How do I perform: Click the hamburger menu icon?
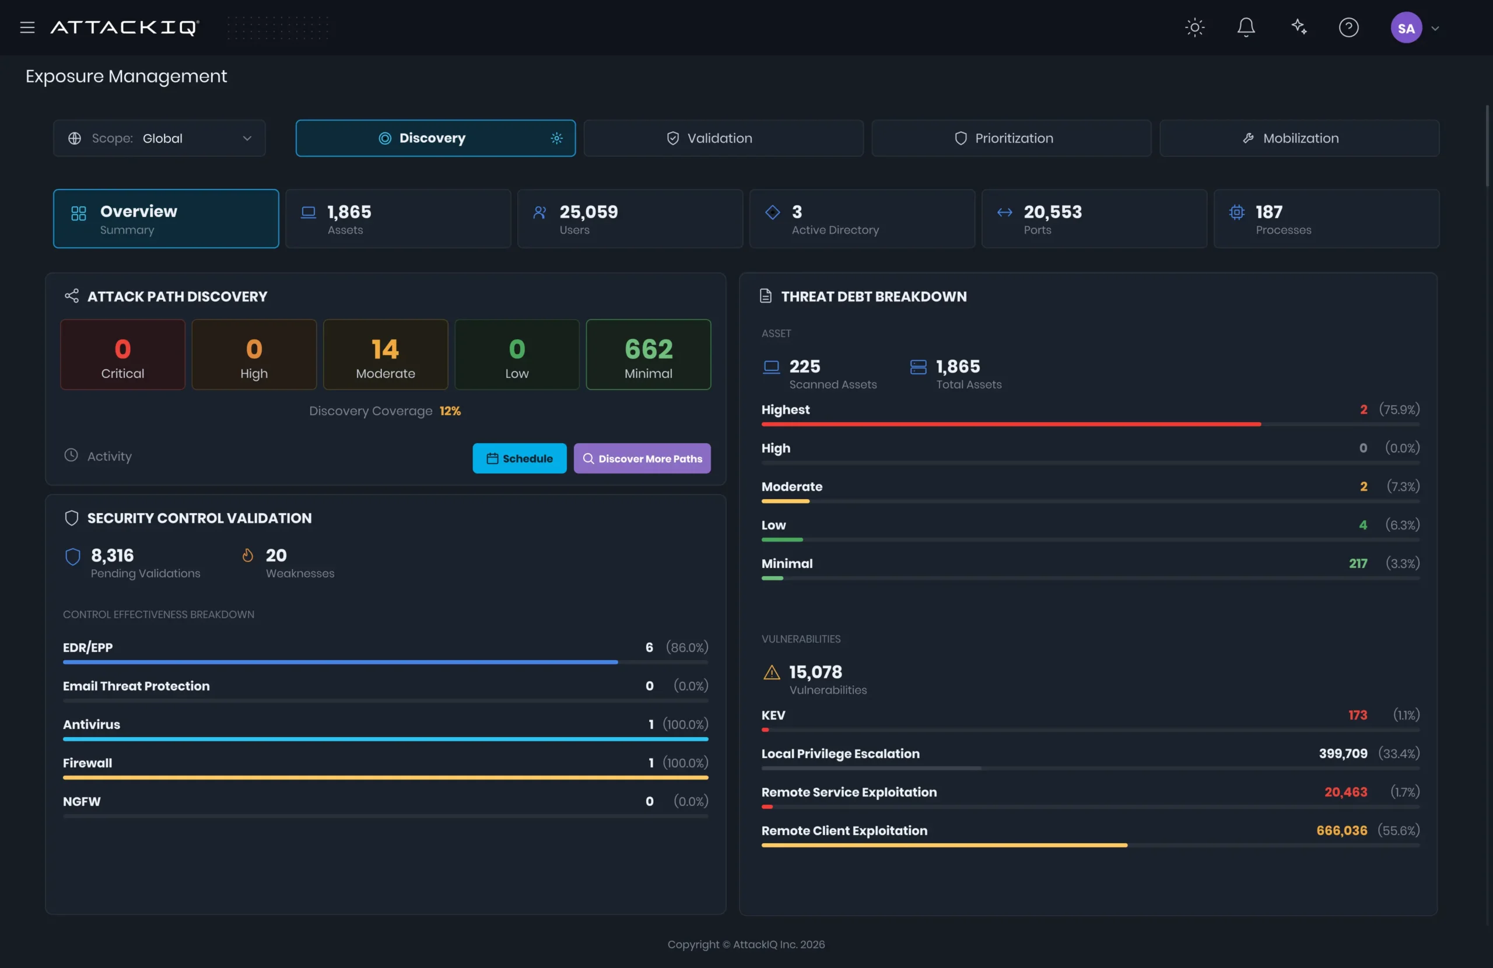27,27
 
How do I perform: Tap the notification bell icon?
1246,27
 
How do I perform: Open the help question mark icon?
1348,27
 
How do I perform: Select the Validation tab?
723,138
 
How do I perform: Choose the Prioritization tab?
1011,138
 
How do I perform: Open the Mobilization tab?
1299,138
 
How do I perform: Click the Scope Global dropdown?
159,138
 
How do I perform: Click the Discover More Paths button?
642,458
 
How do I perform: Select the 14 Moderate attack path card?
385,355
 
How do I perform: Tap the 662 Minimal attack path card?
648,355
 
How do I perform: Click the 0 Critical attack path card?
122,355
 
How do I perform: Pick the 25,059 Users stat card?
630,219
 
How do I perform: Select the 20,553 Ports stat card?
1094,219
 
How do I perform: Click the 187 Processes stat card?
1326,219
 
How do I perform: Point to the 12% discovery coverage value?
450,411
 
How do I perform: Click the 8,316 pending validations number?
113,555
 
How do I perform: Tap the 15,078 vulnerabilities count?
815,672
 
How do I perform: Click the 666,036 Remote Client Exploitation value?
1341,830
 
